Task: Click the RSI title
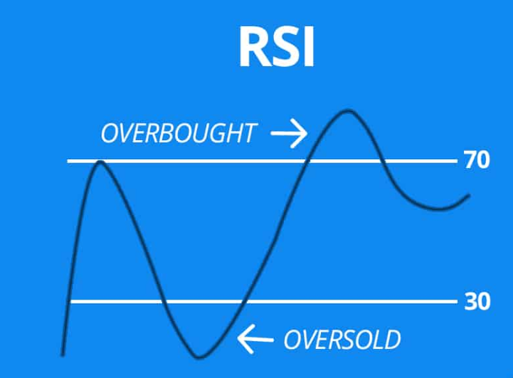[x=277, y=46]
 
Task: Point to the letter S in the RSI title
[x=287, y=46]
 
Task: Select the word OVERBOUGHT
[x=179, y=133]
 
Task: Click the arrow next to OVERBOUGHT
[x=289, y=133]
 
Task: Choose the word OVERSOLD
[x=342, y=340]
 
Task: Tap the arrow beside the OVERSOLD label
[x=255, y=339]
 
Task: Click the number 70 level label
[x=477, y=160]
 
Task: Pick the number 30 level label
[x=477, y=301]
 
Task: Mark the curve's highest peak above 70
[x=348, y=111]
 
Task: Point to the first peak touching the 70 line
[x=100, y=162]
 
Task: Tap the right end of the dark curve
[x=469, y=195]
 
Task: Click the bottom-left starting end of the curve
[x=63, y=355]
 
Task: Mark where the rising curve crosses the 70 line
[x=307, y=161]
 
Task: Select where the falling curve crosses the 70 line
[x=382, y=161]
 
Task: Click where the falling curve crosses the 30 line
[x=163, y=301]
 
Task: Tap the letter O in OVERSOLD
[x=292, y=340]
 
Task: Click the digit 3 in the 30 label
[x=470, y=301]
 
